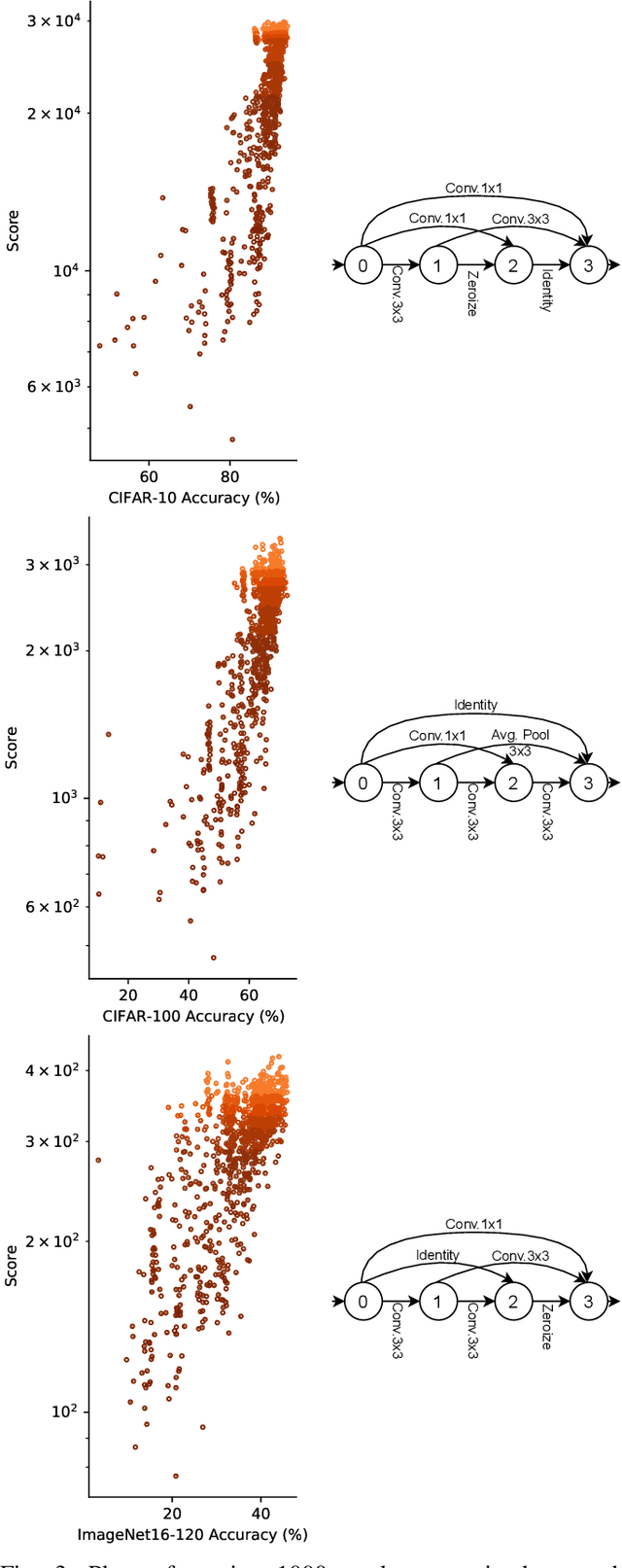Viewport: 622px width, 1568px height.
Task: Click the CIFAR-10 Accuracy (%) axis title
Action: (x=192, y=498)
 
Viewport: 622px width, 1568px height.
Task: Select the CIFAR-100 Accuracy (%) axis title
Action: (x=192, y=1016)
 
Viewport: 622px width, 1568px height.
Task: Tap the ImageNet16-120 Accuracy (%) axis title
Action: (x=192, y=1535)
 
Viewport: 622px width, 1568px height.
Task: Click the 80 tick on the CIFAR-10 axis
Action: (x=230, y=476)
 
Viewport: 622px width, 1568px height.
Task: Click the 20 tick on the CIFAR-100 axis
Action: (x=128, y=994)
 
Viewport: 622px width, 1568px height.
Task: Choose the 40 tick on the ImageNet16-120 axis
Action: (x=261, y=1514)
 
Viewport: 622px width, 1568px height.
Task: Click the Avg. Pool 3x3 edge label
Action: (x=520, y=743)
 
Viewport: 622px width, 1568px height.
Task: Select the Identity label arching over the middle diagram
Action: (x=475, y=705)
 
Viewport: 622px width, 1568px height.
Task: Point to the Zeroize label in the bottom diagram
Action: (x=546, y=1326)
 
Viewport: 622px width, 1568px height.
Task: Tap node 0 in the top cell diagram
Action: (x=363, y=264)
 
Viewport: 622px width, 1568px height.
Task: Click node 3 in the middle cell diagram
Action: (x=588, y=783)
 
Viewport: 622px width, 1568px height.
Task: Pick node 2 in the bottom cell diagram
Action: (x=513, y=1302)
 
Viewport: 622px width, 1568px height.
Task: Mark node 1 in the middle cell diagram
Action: (x=438, y=783)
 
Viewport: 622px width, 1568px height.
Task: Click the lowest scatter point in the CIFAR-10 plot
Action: (x=231, y=439)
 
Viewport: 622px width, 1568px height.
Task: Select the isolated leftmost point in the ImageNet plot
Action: (x=98, y=1160)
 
